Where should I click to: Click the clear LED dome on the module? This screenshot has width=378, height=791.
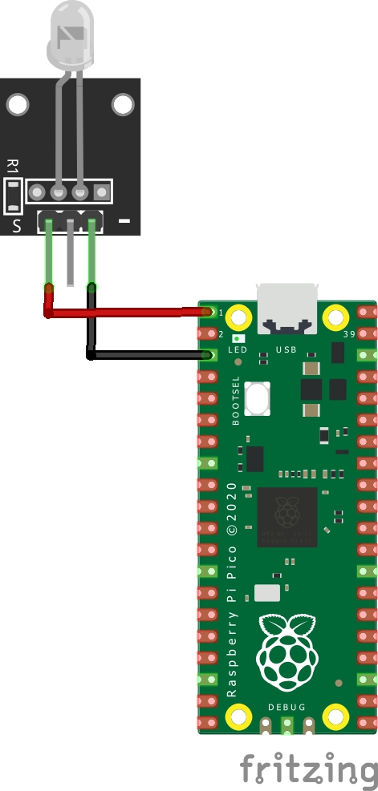[x=71, y=35]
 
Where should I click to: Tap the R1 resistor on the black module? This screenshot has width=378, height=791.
[x=13, y=196]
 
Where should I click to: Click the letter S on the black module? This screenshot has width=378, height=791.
[x=17, y=225]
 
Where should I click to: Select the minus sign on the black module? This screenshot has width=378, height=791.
[x=124, y=221]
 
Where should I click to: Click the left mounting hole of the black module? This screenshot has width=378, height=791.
[x=18, y=104]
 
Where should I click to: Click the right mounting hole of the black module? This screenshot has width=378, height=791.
[x=123, y=104]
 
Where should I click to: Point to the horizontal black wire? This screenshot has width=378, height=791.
[x=150, y=355]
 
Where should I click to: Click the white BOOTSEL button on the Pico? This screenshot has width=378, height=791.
[x=258, y=398]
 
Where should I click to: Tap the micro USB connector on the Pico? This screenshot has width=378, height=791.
[x=288, y=309]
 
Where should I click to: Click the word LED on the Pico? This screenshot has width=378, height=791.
[x=238, y=349]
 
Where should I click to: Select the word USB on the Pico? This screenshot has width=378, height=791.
[x=286, y=349]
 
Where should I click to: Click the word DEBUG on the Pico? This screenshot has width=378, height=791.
[x=287, y=708]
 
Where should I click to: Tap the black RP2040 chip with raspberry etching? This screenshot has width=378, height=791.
[x=287, y=517]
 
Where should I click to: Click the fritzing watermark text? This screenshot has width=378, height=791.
[x=309, y=769]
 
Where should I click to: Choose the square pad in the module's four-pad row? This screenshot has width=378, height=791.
[x=102, y=192]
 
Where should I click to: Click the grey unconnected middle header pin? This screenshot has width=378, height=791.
[x=71, y=252]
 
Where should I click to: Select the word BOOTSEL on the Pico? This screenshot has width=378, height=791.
[x=235, y=401]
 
